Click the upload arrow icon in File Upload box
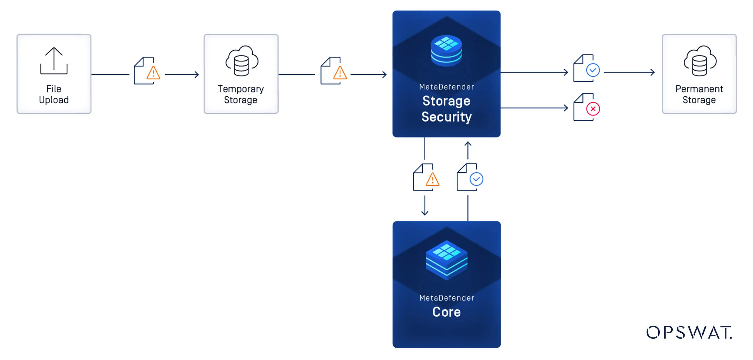click(54, 61)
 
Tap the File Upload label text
click(54, 94)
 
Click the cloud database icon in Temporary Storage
click(241, 61)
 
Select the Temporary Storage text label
click(241, 94)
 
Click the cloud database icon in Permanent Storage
click(700, 61)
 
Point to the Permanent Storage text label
click(699, 94)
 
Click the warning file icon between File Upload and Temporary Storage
click(147, 71)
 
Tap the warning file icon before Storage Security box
click(333, 71)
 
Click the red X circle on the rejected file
click(593, 109)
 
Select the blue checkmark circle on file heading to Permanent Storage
click(593, 70)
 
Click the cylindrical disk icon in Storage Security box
click(446, 51)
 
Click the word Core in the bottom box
click(447, 312)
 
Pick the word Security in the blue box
click(447, 117)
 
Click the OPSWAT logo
click(689, 332)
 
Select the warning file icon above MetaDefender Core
click(426, 178)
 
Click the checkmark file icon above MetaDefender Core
click(470, 178)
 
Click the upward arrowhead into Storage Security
click(468, 144)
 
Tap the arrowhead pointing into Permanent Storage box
click(653, 72)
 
